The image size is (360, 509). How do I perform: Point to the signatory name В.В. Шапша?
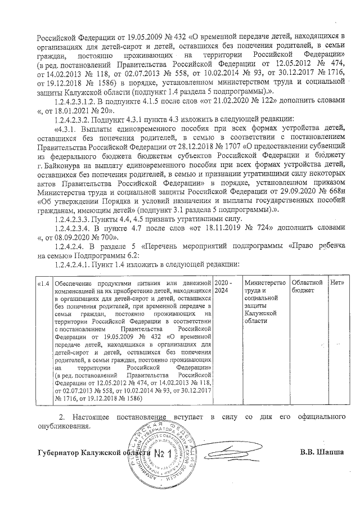[321, 452]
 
